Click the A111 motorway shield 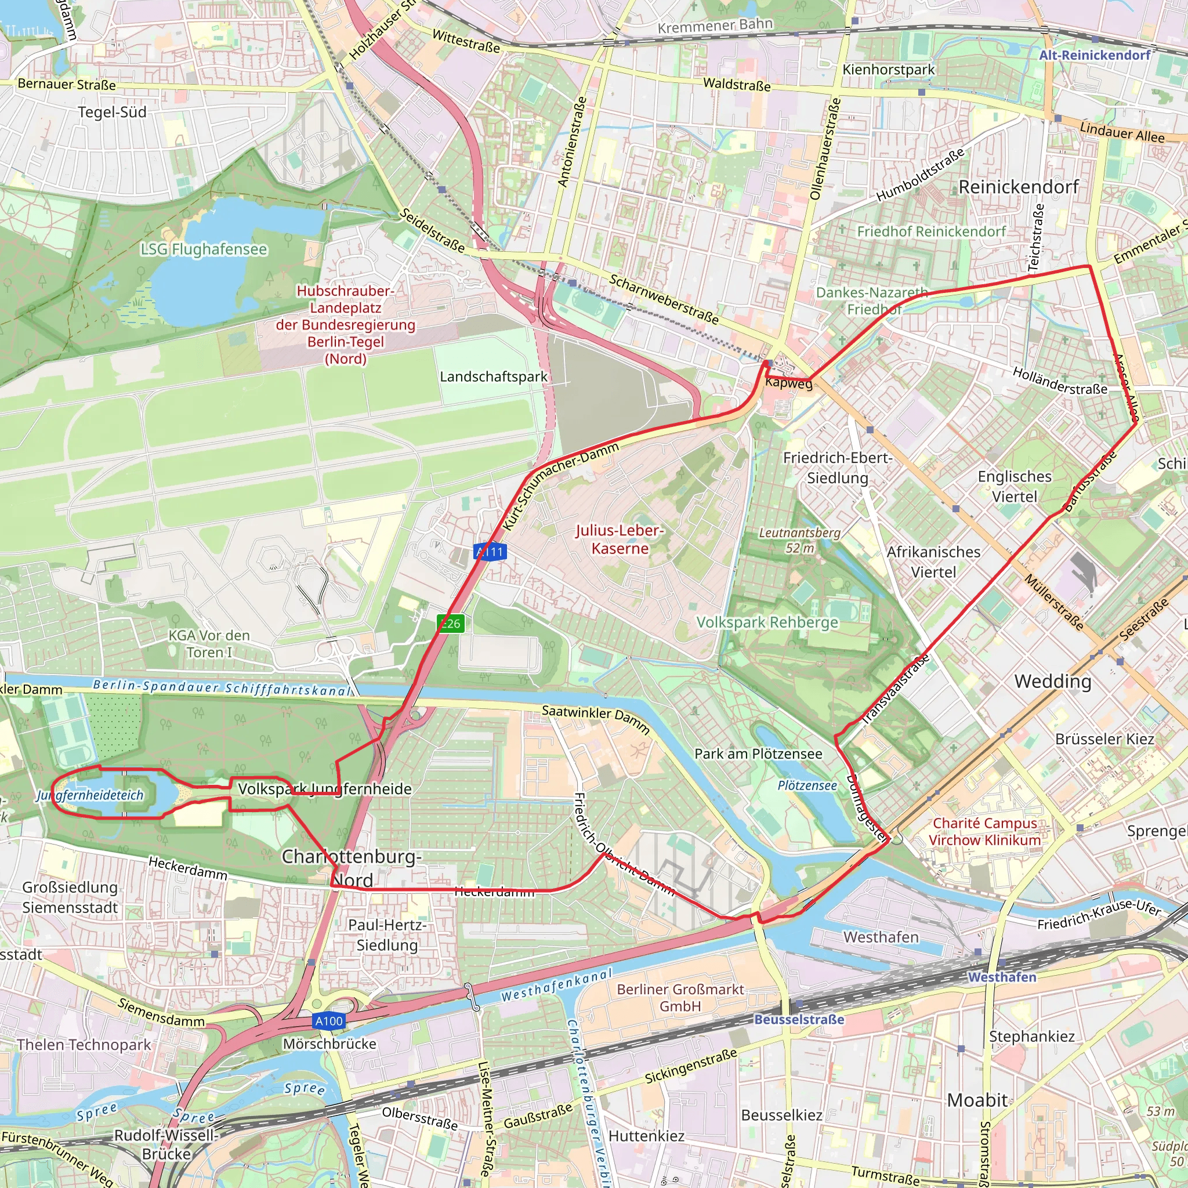(x=490, y=552)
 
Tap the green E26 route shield (x=450, y=624)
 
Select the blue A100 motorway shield (x=329, y=1021)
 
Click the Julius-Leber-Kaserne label (x=620, y=539)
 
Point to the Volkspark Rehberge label (x=767, y=622)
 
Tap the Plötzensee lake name (x=807, y=785)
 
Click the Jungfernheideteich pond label (x=90, y=795)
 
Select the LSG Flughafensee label (x=204, y=249)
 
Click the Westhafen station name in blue (x=1002, y=977)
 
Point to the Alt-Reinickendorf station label (x=1095, y=55)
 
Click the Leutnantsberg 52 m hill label (x=799, y=540)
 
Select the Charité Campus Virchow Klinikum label (x=984, y=831)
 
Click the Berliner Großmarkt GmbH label (x=680, y=997)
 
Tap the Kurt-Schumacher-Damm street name (x=560, y=486)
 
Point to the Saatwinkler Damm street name (x=595, y=719)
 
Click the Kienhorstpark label (x=888, y=70)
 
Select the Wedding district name (x=1053, y=682)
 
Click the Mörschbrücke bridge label (x=329, y=1044)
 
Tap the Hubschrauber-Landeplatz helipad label (x=346, y=324)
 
